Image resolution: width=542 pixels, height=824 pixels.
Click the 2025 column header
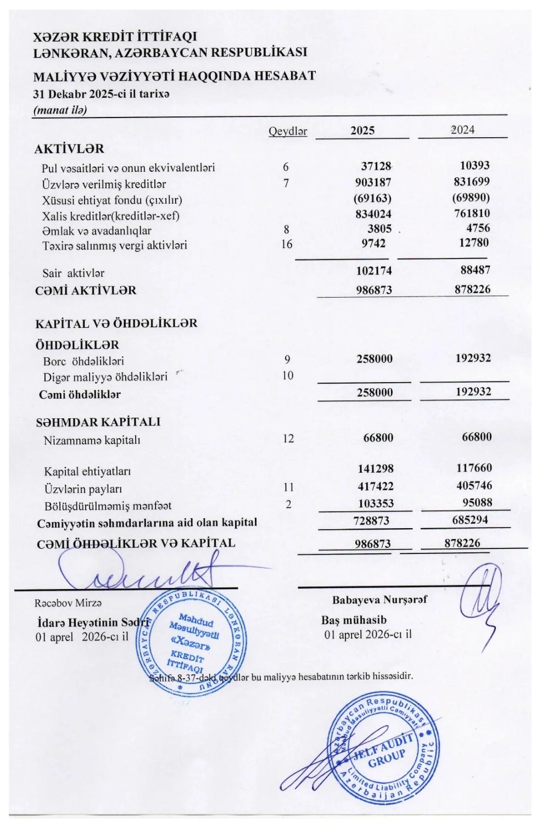coord(362,130)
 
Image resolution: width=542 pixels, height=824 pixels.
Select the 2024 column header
coord(462,130)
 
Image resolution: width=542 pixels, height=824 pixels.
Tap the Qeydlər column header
coord(287,131)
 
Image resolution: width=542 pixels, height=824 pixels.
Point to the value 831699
coord(472,182)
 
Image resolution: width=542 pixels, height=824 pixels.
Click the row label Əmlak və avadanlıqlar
coord(97,231)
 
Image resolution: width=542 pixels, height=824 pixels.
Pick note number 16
coord(287,244)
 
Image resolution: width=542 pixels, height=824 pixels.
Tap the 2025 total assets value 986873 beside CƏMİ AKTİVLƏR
coord(374,290)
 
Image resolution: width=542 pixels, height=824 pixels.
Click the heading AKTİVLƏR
coord(69,149)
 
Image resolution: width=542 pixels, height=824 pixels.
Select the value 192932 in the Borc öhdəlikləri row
coord(473,358)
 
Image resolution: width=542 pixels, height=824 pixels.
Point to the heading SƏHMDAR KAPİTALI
coord(98,422)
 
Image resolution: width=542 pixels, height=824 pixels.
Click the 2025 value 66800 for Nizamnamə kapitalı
coord(378,438)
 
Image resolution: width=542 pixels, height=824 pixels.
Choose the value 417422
coord(376,486)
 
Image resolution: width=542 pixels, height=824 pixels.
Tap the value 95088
coord(477,502)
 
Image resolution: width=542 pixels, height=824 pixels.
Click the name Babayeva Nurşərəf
coord(379,599)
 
